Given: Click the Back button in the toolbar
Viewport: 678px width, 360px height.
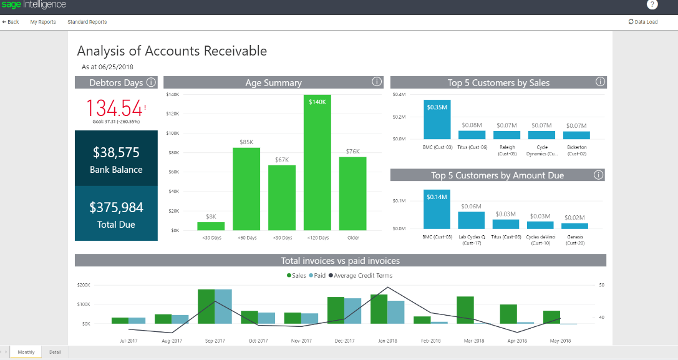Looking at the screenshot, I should pos(11,22).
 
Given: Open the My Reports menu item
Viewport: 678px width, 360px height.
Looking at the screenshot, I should pos(43,22).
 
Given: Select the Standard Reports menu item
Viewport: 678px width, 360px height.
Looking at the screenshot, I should pos(87,22).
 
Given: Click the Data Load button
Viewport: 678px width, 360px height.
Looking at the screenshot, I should pos(643,22).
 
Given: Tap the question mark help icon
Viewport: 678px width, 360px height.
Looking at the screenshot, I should pos(652,5).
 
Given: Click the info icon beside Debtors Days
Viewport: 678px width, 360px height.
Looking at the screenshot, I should pos(150,82).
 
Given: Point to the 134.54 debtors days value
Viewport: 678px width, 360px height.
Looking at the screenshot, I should pos(114,108).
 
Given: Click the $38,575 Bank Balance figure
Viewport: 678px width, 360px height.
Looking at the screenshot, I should pos(116,153).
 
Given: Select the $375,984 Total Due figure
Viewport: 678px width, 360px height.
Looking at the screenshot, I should pos(116,207).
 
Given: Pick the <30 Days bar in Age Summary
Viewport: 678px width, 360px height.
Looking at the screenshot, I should pos(211,226).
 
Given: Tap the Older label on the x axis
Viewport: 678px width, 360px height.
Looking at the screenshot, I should pos(352,237).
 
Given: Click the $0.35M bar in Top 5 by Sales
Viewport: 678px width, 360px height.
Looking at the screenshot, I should pos(437,120).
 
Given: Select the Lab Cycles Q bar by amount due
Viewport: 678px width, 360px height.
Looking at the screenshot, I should pos(471,220).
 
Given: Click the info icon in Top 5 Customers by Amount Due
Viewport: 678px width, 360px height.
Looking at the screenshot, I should pos(599,175).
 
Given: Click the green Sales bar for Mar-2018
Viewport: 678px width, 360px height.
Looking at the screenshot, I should pos(465,310).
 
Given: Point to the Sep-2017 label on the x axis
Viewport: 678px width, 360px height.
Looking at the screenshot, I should pos(215,341).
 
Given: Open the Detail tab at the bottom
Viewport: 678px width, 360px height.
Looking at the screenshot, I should pos(55,352).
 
